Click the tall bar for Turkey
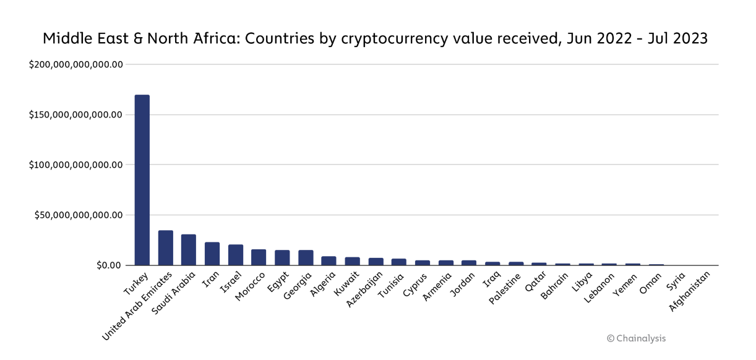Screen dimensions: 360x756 (x=142, y=179)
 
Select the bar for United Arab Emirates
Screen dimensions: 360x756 (x=165, y=248)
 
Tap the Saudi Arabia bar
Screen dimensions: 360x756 (x=189, y=250)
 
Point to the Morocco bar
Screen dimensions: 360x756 (x=259, y=257)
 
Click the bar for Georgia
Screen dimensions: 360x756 (x=306, y=258)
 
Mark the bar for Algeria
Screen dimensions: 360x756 (x=329, y=261)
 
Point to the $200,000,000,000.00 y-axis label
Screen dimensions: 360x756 (x=76, y=64)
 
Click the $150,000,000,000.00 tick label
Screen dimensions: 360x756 (x=76, y=114)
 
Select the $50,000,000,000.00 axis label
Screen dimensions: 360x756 (x=79, y=215)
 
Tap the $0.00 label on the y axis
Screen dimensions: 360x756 (x=110, y=265)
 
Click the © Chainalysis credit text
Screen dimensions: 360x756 (x=636, y=338)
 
